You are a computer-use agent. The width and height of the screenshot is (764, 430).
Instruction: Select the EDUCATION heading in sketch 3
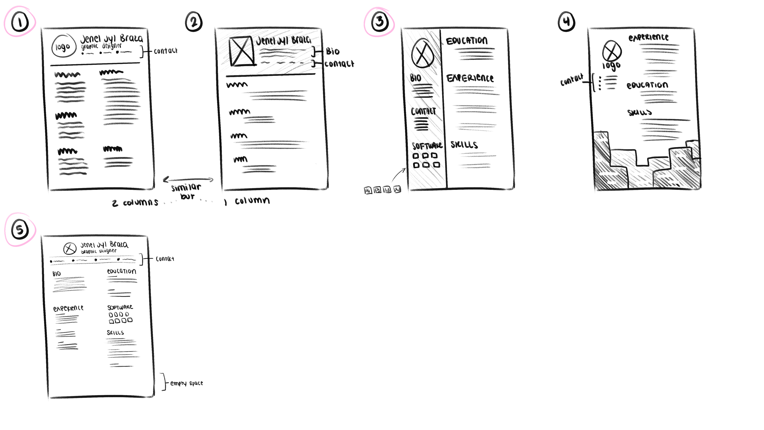(x=467, y=41)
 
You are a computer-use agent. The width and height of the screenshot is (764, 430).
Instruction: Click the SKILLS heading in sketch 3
(x=464, y=145)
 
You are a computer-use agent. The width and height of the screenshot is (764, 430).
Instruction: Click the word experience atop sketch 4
(x=649, y=37)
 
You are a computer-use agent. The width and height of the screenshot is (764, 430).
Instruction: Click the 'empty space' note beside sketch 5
(x=186, y=383)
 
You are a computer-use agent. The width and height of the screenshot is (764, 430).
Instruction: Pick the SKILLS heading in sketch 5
(x=115, y=333)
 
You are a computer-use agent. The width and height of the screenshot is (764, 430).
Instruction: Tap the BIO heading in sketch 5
(x=57, y=274)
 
